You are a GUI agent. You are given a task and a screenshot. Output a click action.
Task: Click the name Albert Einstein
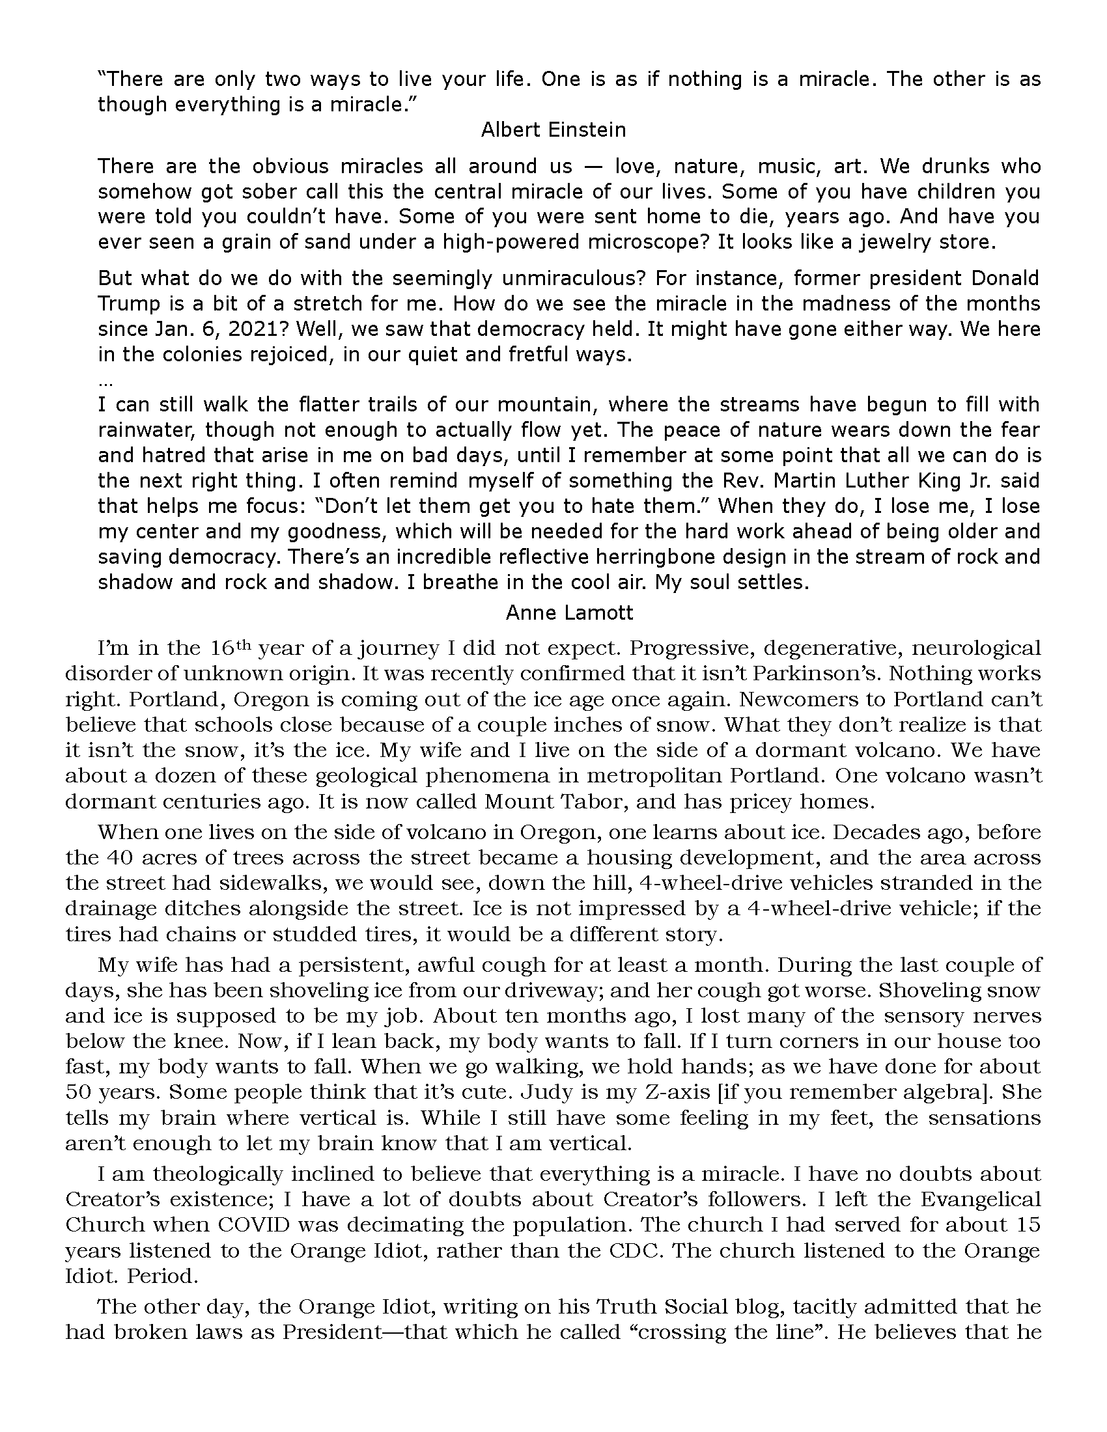(x=553, y=130)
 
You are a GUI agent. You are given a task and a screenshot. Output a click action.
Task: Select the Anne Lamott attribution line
(x=569, y=613)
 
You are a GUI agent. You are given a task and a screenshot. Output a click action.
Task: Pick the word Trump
(x=129, y=303)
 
